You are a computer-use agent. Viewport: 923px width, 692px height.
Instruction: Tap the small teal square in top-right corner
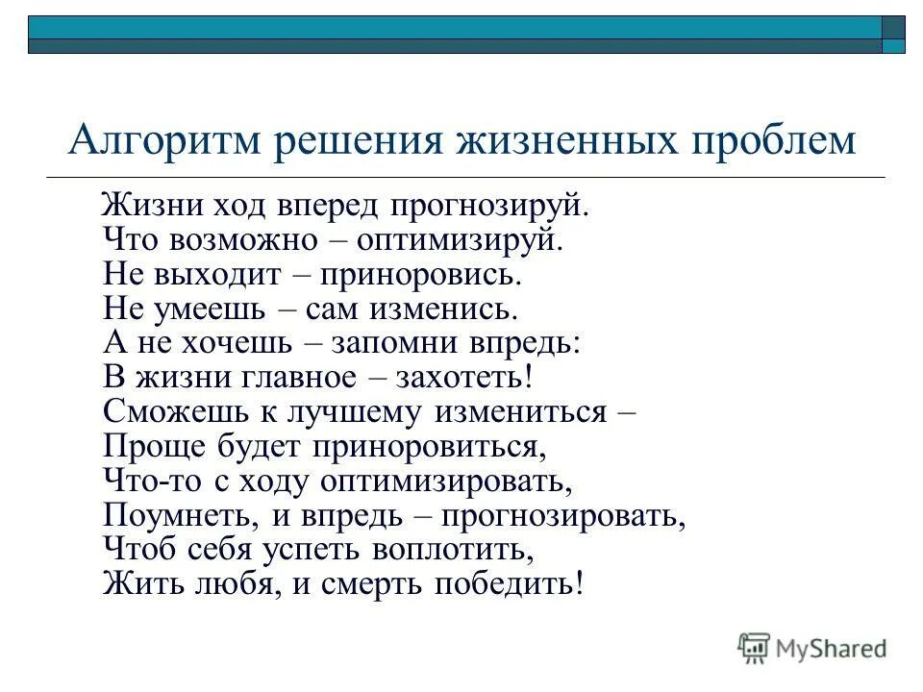[x=894, y=45]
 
